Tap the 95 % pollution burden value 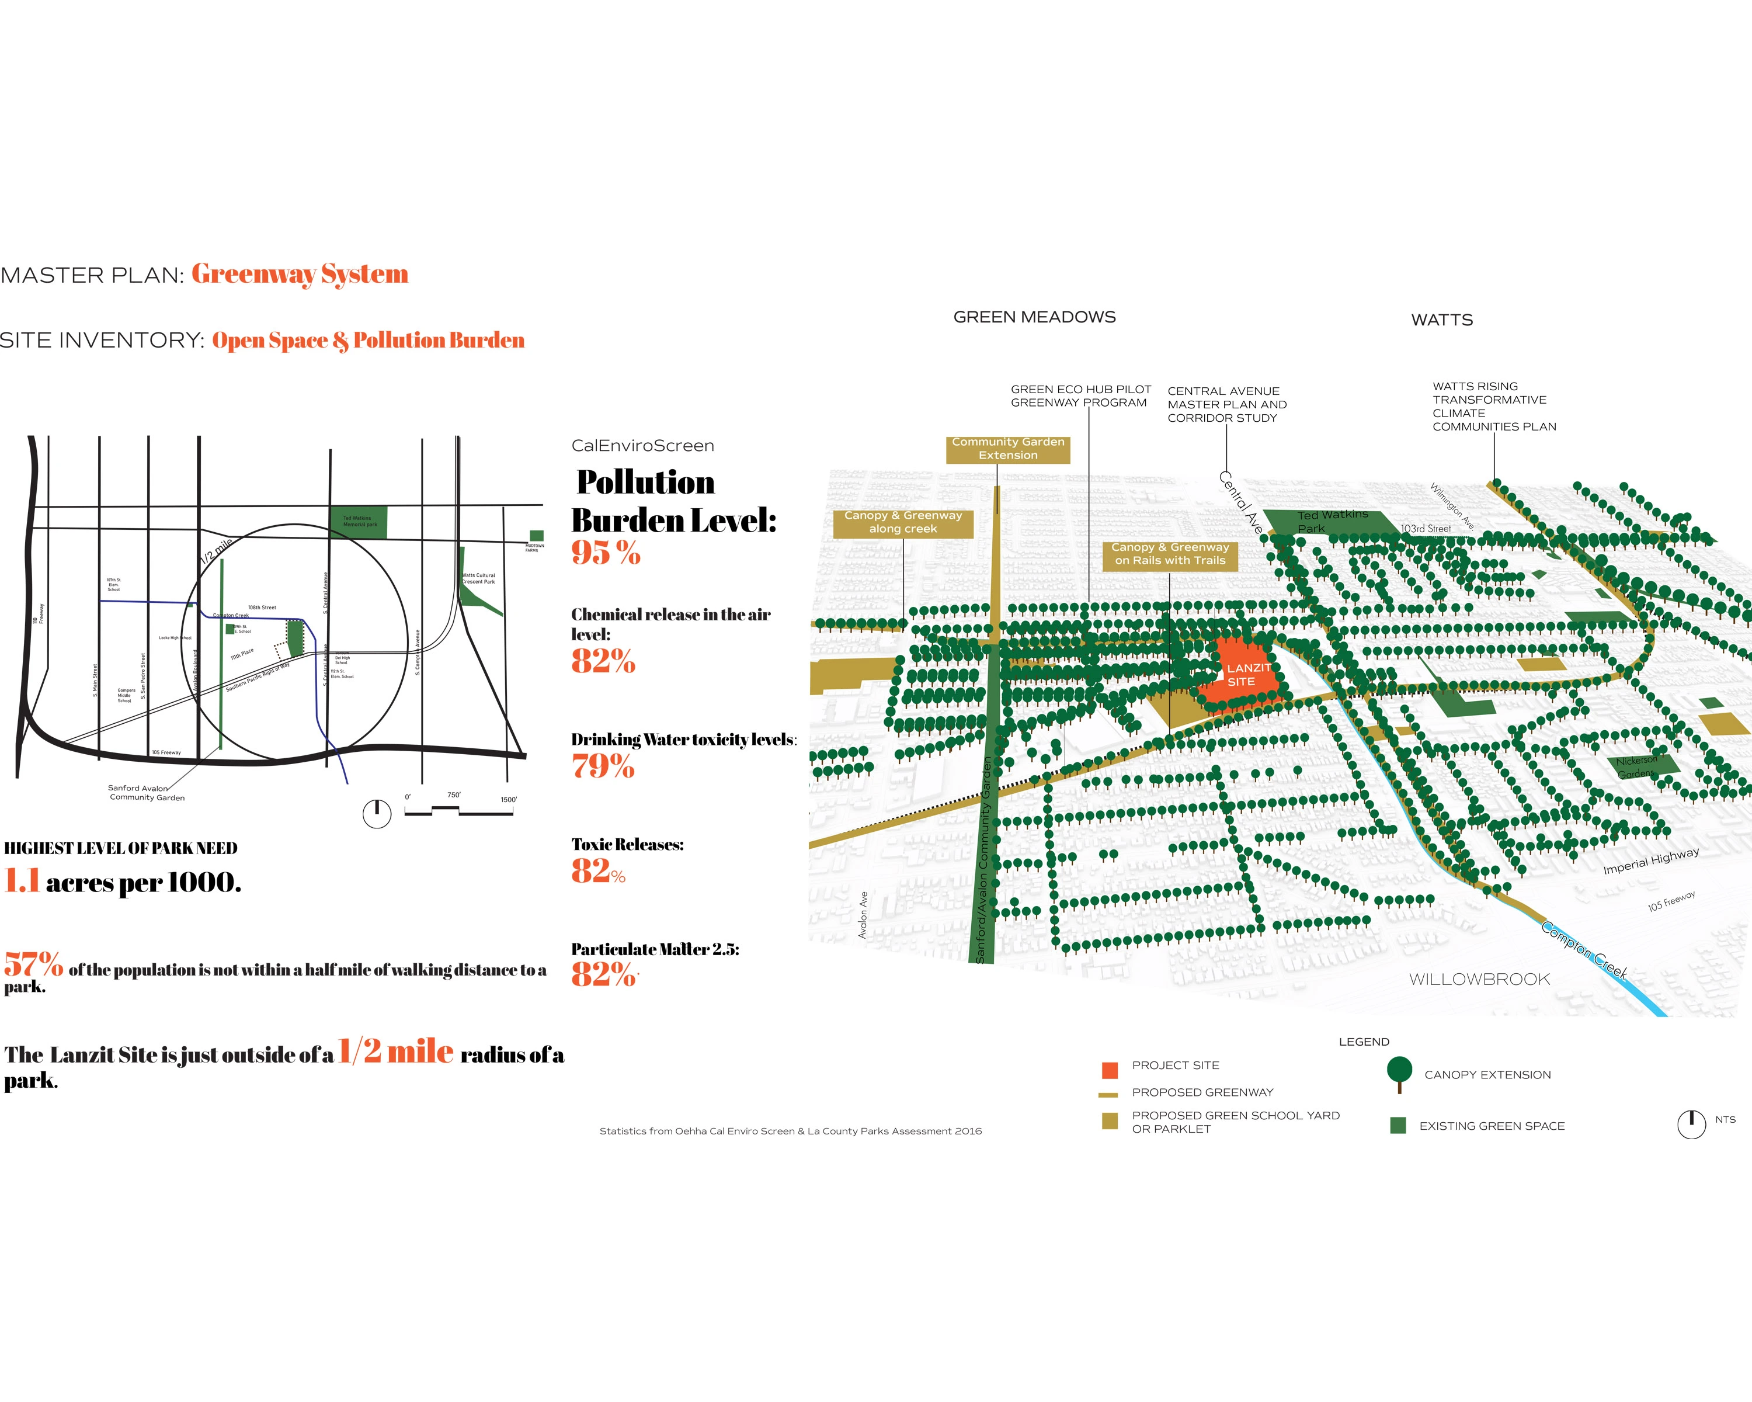pyautogui.click(x=606, y=553)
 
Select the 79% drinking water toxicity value pyautogui.click(x=603, y=766)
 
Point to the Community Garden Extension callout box pyautogui.click(x=1007, y=449)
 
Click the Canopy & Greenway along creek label pyautogui.click(x=903, y=523)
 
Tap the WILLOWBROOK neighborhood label pyautogui.click(x=1479, y=980)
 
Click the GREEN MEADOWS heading pyautogui.click(x=1034, y=317)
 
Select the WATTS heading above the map pyautogui.click(x=1441, y=320)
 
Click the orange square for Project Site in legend pyautogui.click(x=1109, y=1070)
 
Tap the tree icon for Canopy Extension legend pyautogui.click(x=1399, y=1072)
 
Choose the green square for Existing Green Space pyautogui.click(x=1398, y=1126)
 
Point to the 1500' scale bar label pyautogui.click(x=508, y=800)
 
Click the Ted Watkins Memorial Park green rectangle pyautogui.click(x=359, y=522)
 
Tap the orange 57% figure pyautogui.click(x=33, y=964)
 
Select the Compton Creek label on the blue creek pyautogui.click(x=1584, y=949)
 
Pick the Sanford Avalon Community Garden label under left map pyautogui.click(x=146, y=793)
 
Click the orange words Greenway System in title pyautogui.click(x=300, y=274)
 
